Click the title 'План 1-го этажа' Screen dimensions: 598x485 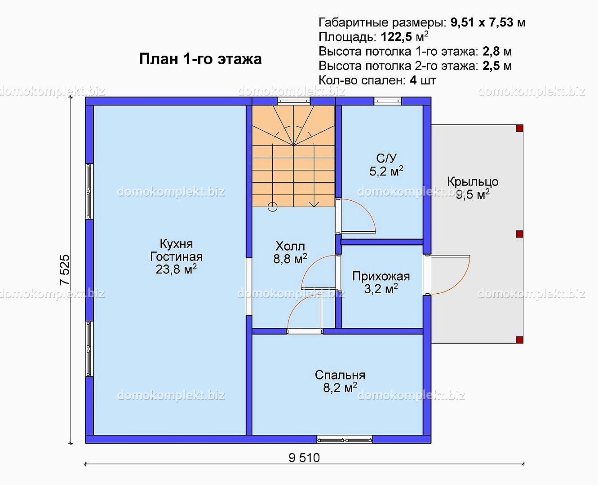tap(200, 59)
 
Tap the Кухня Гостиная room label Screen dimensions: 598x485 tap(176, 257)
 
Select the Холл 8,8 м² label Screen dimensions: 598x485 tap(290, 252)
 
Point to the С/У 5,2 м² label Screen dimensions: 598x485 tap(386, 165)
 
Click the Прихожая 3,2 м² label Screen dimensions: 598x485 tap(381, 282)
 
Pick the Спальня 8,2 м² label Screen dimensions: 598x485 tap(340, 381)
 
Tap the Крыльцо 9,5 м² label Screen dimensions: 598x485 tap(473, 188)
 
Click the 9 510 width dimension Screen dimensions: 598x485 tap(304, 458)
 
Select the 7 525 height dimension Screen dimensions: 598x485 tap(65, 270)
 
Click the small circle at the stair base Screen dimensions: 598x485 tap(273, 207)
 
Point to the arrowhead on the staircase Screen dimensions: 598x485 tap(314, 203)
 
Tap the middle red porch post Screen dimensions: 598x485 tap(519, 234)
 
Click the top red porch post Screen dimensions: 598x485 tap(519, 128)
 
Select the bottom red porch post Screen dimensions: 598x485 tap(519, 340)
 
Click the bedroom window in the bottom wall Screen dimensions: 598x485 tap(345, 440)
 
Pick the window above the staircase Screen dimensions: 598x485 tap(294, 101)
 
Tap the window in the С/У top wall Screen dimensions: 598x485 tap(388, 101)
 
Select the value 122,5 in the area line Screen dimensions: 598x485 tap(396, 37)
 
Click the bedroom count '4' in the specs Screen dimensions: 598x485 tap(413, 80)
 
